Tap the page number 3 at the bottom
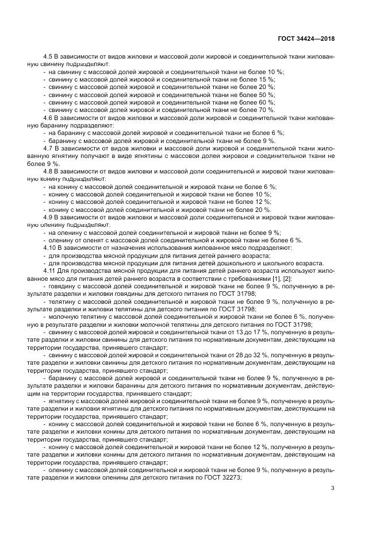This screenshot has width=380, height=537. click(333, 488)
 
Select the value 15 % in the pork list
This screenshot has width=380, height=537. click(267, 79)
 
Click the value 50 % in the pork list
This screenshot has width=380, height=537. click(267, 95)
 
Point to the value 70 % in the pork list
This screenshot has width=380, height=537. click(267, 110)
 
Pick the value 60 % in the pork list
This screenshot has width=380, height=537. click(267, 102)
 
